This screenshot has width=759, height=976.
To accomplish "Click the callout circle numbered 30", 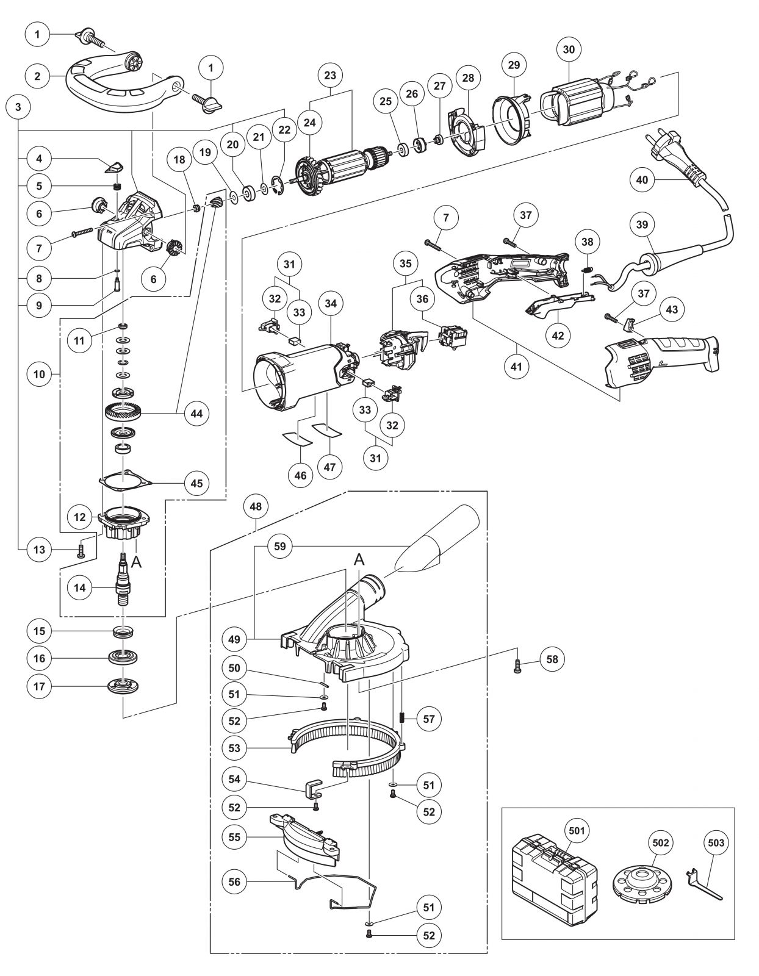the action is click(569, 49).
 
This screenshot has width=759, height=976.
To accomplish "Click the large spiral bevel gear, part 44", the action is click(123, 412).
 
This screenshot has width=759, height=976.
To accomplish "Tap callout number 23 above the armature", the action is click(330, 75).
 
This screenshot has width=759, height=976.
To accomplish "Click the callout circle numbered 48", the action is click(256, 506).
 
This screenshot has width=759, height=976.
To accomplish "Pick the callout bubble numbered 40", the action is click(642, 180).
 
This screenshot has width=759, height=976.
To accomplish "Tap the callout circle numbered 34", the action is click(331, 304).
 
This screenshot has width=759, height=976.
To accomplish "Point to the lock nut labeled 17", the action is click(123, 686).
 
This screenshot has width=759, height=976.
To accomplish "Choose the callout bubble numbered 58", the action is click(552, 659).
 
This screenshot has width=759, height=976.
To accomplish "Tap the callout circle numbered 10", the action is click(39, 374).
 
